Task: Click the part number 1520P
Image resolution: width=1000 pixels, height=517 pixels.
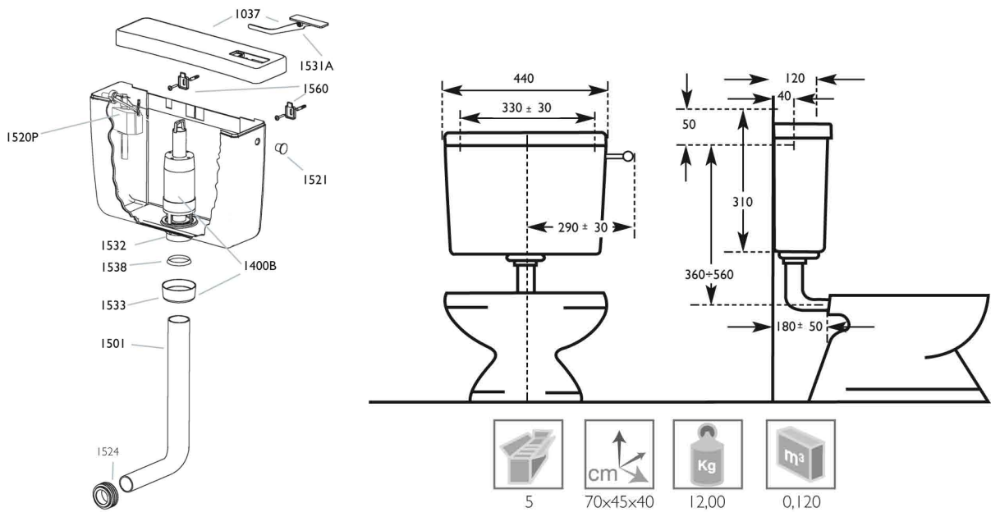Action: click(23, 137)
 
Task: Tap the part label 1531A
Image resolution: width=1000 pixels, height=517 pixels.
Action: click(316, 66)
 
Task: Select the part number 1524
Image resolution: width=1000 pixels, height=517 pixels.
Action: click(108, 452)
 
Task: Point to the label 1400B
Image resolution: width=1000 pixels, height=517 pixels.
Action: click(259, 266)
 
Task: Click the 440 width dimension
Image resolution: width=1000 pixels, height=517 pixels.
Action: click(523, 79)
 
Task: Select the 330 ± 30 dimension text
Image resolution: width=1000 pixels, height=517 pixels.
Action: click(526, 108)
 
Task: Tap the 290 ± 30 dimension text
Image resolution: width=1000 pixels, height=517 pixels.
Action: click(583, 227)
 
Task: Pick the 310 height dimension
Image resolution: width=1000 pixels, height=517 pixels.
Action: click(742, 202)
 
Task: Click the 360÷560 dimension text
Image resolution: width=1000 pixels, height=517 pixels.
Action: click(709, 274)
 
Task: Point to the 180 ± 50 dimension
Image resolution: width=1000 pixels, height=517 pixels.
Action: click(799, 327)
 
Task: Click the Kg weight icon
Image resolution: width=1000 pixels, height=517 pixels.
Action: click(708, 454)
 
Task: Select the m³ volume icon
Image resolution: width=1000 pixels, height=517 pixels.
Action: click(800, 454)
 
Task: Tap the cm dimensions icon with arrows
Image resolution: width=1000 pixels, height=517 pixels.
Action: click(619, 454)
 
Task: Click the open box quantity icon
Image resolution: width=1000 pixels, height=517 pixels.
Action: click(528, 454)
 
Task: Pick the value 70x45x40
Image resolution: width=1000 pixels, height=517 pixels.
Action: click(619, 502)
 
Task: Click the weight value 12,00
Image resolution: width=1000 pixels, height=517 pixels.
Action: click(708, 502)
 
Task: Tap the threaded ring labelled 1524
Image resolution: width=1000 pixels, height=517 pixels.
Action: click(105, 495)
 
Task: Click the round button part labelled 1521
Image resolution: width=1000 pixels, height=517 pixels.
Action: click(282, 148)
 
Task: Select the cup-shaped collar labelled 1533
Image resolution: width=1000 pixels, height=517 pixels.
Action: click(179, 291)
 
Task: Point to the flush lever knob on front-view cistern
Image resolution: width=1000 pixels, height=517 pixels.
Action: click(628, 157)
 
